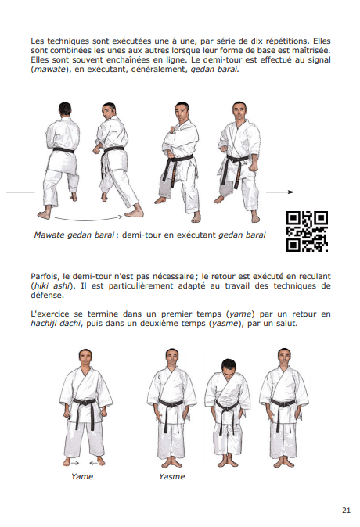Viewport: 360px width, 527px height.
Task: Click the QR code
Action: [x=307, y=231]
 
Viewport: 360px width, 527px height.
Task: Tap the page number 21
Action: [x=346, y=511]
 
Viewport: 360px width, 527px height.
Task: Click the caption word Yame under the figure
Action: [x=81, y=476]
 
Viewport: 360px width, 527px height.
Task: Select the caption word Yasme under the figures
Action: [x=172, y=476]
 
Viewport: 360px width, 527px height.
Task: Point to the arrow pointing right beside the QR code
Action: [x=280, y=192]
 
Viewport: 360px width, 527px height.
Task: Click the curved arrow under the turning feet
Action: [x=88, y=219]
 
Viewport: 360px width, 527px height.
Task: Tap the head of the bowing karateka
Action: [x=229, y=367]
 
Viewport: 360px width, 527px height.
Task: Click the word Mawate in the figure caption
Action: [x=49, y=235]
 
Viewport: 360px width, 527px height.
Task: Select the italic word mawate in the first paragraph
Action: [x=49, y=70]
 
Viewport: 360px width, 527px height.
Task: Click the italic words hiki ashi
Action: [x=52, y=285]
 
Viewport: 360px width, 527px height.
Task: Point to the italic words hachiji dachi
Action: [x=56, y=324]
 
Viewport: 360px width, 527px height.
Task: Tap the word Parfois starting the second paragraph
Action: [x=45, y=277]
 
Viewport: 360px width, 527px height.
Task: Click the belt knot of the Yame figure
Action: [x=84, y=402]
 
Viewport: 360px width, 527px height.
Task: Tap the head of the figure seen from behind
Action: [x=65, y=109]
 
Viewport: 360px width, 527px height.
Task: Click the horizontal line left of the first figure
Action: [x=20, y=192]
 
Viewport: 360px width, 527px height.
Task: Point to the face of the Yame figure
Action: [x=85, y=358]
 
